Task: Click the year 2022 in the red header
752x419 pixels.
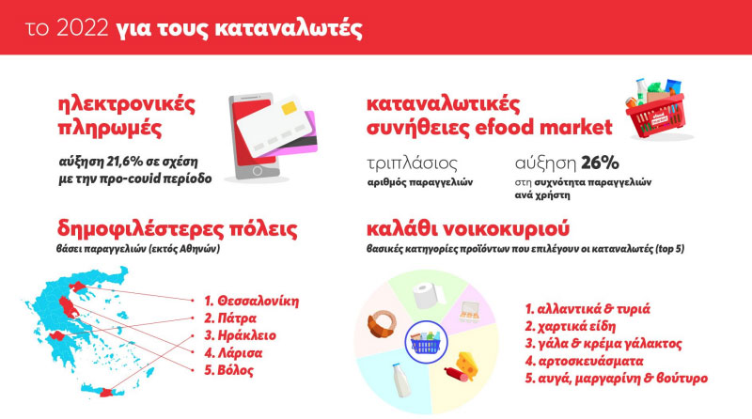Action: (x=83, y=28)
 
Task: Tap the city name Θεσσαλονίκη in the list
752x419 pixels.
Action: (x=258, y=301)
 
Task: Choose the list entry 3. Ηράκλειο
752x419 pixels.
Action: (x=240, y=335)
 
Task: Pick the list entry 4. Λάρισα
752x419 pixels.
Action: (x=233, y=353)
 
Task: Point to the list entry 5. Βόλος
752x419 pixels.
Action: (x=228, y=370)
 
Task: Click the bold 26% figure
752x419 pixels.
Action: (x=600, y=163)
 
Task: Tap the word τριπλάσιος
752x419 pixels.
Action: (x=412, y=164)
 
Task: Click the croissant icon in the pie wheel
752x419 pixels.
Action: (x=382, y=322)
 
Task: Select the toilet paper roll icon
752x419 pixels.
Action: (x=428, y=295)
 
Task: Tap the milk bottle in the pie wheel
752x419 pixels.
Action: (x=401, y=380)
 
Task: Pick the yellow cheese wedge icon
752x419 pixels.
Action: (x=466, y=365)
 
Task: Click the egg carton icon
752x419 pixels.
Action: (x=468, y=312)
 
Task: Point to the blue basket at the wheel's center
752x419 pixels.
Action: (x=426, y=342)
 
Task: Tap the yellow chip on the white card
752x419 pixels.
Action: (x=289, y=107)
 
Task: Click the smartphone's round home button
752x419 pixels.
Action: (x=257, y=171)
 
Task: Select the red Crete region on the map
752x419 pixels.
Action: (x=104, y=392)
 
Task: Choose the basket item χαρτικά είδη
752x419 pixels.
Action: (x=571, y=327)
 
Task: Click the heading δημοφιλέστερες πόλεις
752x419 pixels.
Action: (x=177, y=229)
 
